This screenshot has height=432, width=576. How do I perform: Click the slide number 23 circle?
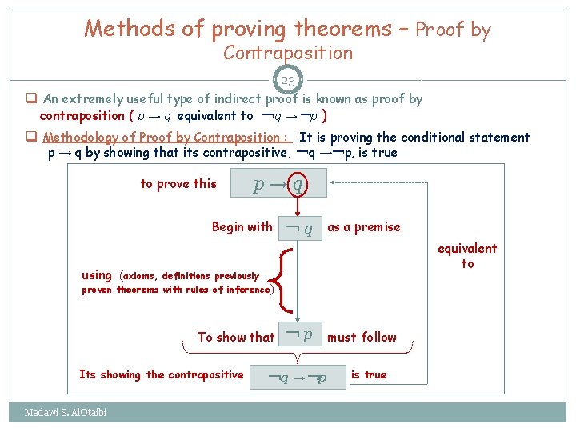pos(288,81)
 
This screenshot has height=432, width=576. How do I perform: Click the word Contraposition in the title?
pos(288,54)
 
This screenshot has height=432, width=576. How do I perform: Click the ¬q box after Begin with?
pos(299,227)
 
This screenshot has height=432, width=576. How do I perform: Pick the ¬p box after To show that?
pos(299,336)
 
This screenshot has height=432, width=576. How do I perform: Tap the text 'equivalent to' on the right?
pos(467,256)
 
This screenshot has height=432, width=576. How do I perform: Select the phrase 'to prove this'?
pos(178,184)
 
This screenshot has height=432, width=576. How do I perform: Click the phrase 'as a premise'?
pos(363,227)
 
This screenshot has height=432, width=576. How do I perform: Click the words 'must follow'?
pos(362,337)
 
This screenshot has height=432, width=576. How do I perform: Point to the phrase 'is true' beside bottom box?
pos(369,374)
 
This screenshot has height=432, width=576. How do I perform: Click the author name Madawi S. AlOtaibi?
pos(66,413)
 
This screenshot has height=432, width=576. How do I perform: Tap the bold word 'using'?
pos(97,275)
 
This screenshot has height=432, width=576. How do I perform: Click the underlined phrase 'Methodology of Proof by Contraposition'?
pos(167,137)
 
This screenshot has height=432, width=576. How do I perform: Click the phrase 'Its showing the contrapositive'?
pos(161,374)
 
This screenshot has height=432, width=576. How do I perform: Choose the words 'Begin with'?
pos(242,227)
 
